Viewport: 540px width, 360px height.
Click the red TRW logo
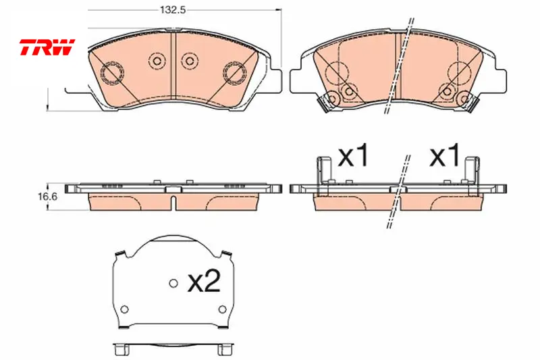[x=47, y=47]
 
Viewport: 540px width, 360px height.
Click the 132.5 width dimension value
[x=173, y=10]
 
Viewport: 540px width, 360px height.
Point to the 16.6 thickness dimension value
[x=47, y=197]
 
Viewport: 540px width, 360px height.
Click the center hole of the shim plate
[x=173, y=283]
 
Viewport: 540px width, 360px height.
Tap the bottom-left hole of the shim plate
[x=125, y=309]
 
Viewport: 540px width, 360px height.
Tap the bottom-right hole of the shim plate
[x=223, y=309]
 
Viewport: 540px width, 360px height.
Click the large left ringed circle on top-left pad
[x=112, y=73]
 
